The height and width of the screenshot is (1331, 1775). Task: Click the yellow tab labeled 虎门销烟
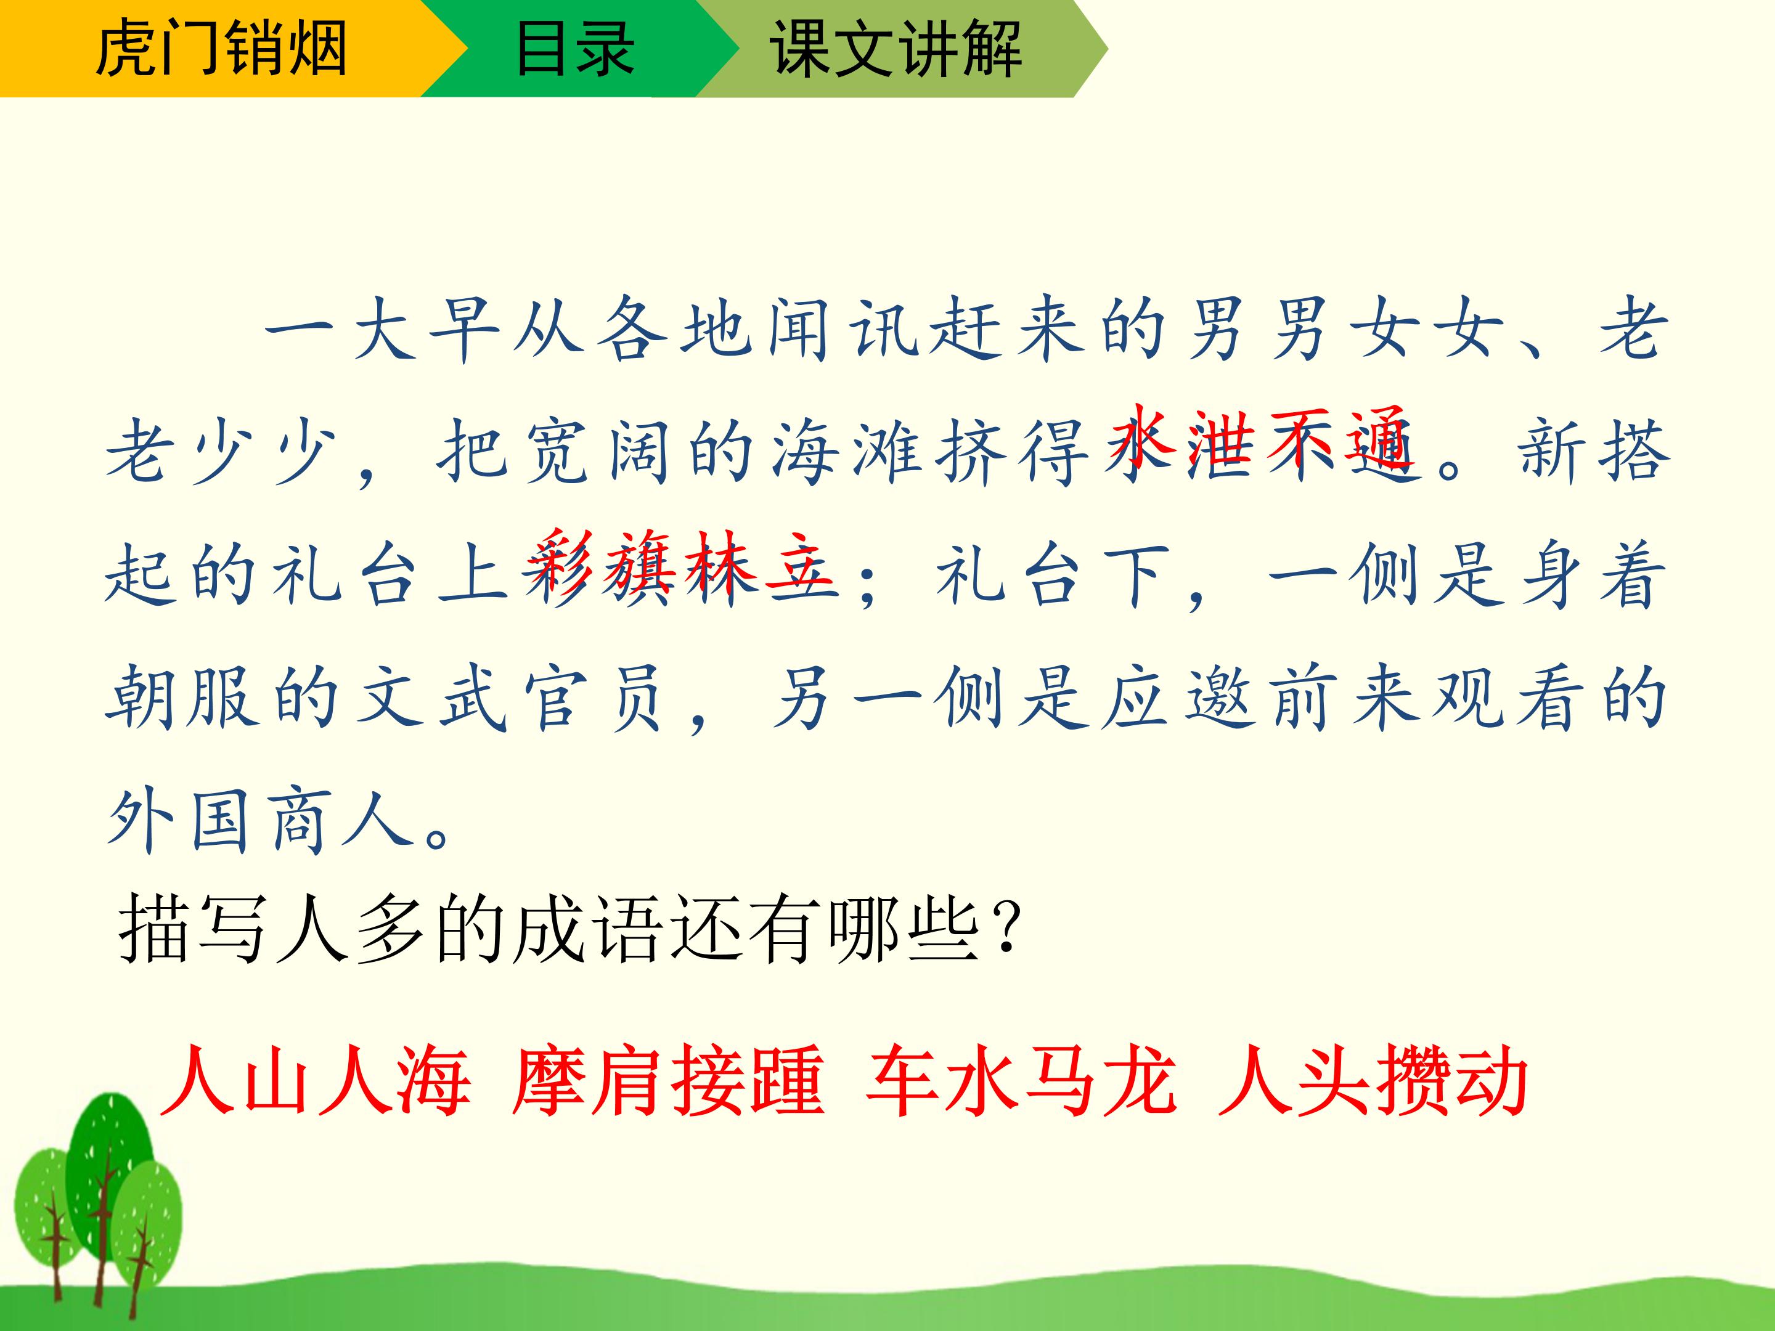pos(221,48)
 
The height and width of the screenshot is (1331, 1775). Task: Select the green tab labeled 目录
pos(574,48)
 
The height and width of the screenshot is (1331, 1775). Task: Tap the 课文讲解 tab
pos(896,48)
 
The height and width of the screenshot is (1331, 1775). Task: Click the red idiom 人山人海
pos(316,1081)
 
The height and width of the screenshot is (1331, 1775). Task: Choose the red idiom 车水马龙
pos(1021,1081)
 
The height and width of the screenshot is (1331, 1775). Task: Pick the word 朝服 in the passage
pos(183,698)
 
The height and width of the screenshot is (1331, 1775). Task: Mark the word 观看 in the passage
pos(1509,698)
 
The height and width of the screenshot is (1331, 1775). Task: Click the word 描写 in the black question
pos(197,930)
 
